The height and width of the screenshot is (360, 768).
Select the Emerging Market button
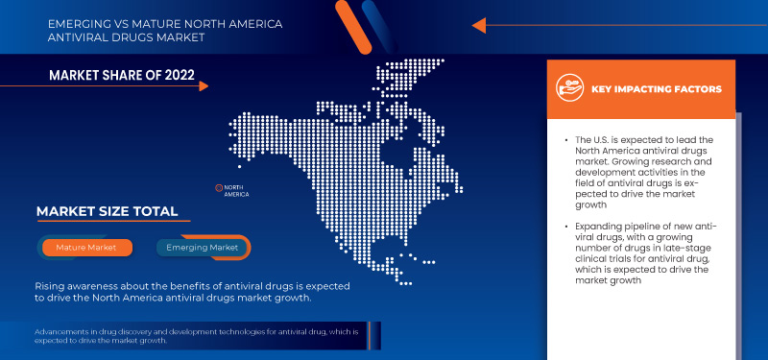click(x=202, y=248)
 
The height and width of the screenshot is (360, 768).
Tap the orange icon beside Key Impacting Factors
click(x=573, y=88)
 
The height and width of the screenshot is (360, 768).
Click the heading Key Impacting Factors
click(x=657, y=89)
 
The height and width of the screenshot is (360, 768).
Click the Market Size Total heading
click(x=107, y=211)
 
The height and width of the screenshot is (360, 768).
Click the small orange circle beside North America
click(x=218, y=186)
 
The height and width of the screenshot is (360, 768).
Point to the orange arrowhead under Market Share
click(x=204, y=86)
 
